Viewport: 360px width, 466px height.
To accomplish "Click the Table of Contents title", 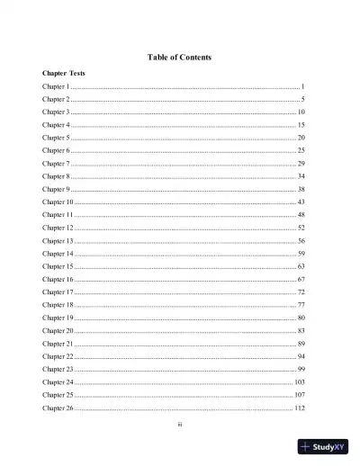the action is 179,58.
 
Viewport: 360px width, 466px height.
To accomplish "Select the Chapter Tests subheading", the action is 64,72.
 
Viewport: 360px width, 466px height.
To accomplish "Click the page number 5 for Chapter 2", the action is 304,98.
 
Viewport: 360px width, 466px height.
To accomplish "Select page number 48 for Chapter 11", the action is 301,216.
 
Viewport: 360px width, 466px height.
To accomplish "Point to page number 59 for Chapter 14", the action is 301,255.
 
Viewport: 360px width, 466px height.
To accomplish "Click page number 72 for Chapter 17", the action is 301,293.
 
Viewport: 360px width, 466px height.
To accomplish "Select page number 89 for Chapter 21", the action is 301,345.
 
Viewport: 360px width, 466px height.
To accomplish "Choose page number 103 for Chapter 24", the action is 300,383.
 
